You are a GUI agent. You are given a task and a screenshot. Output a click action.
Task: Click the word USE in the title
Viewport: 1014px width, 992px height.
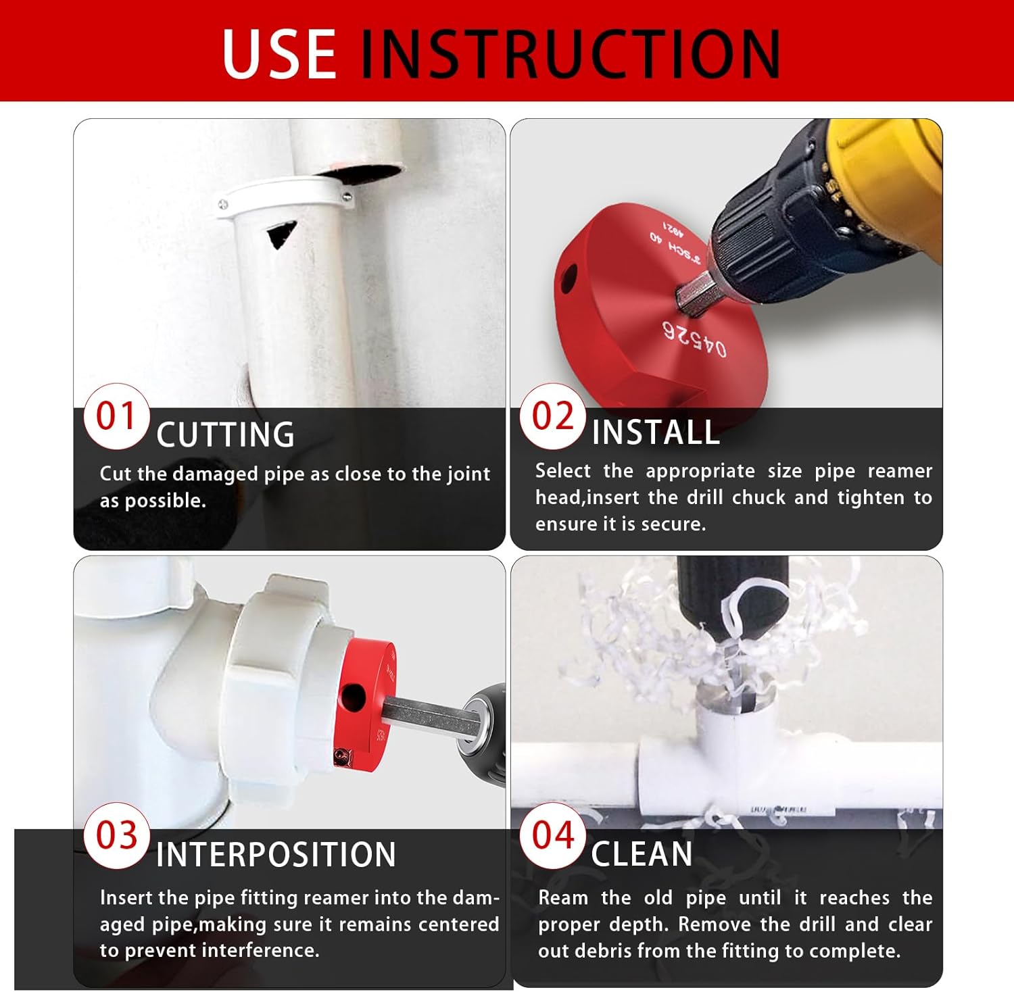tap(279, 53)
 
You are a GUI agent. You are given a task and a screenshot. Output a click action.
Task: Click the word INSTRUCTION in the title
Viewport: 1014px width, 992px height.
tap(570, 53)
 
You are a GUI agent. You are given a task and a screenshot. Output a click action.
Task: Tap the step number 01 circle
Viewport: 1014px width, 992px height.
tap(116, 416)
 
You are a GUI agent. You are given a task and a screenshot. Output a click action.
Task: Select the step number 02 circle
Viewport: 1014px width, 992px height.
tap(552, 416)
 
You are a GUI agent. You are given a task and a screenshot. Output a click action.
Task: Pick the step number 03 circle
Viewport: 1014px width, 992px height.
tap(116, 836)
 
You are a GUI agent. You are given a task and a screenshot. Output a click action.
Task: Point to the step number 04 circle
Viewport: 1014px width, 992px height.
tap(552, 835)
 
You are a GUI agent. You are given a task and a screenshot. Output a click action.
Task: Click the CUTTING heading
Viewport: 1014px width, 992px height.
tap(225, 435)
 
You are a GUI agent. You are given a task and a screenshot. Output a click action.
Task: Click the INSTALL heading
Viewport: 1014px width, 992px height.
tap(655, 432)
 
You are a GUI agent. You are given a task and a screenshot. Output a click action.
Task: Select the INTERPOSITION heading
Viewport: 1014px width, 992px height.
tap(276, 855)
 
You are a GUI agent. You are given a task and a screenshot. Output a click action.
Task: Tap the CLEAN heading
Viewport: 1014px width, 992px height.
tap(642, 854)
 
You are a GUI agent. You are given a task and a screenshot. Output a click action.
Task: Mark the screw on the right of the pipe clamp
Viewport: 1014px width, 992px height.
tap(346, 197)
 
